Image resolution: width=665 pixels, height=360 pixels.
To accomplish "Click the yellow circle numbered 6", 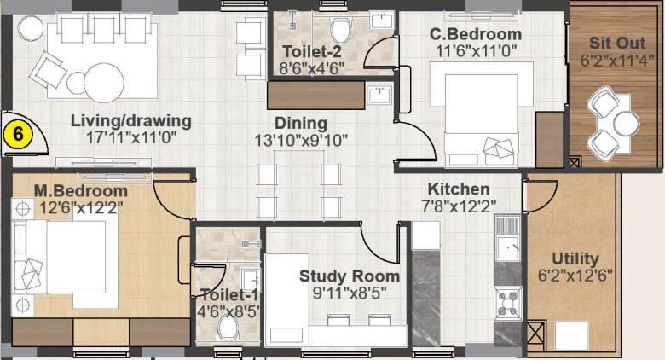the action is (x=18, y=134).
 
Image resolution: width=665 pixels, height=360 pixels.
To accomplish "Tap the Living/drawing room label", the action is (x=131, y=121).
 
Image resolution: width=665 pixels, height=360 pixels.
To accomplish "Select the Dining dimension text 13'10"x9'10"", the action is (x=301, y=140).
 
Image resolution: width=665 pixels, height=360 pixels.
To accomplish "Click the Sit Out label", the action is (x=617, y=43).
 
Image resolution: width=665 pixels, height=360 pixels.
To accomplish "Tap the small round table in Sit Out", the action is (x=626, y=123).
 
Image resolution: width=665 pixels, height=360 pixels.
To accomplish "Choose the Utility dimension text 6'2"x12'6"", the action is (x=575, y=276).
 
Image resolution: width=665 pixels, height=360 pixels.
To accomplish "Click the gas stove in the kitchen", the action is (x=508, y=302).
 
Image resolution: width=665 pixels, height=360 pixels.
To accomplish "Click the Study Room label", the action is (x=350, y=276).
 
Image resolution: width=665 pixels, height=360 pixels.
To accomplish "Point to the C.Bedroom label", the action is (x=476, y=34).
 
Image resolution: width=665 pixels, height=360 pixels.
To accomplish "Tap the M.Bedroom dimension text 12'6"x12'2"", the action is (x=81, y=208).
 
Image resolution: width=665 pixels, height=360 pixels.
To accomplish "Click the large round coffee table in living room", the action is (x=104, y=83).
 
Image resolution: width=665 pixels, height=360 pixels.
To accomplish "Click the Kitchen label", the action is (x=459, y=189).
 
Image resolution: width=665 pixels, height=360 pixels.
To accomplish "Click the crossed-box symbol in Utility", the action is (x=535, y=335).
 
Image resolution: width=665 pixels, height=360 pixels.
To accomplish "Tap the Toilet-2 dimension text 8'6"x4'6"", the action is (x=312, y=68).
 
